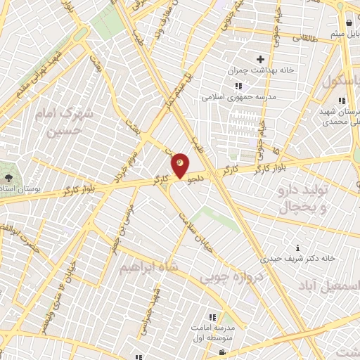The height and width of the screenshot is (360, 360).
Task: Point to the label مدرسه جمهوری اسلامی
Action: click(x=229, y=97)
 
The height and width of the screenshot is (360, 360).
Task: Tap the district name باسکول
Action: click(x=342, y=82)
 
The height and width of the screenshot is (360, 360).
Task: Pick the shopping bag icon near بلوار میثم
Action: click(x=349, y=23)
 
